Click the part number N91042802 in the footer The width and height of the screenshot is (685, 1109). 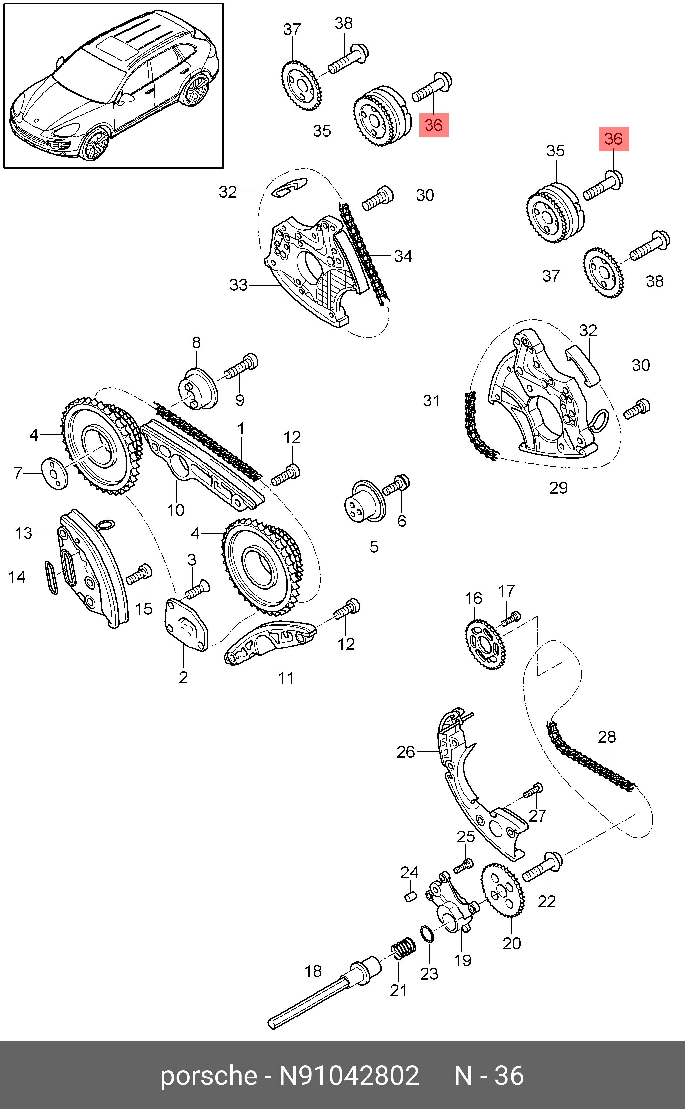pos(349,1076)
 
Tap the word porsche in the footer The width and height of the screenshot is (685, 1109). pos(209,1076)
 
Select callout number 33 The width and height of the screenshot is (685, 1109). pos(238,285)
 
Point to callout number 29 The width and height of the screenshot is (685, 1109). pos(558,488)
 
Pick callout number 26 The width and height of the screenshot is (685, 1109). pos(406,752)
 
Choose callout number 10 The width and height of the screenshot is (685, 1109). pos(175,510)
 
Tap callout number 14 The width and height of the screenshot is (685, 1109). pos(17,577)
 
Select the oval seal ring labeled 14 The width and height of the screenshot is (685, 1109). pos(51,577)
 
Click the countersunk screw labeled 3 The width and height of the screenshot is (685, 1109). pos(197,589)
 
